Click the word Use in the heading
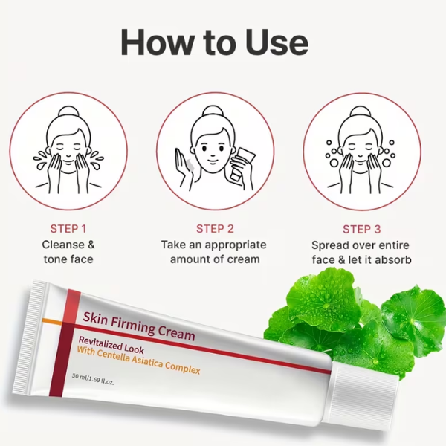[x=277, y=42]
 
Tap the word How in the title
[x=156, y=42]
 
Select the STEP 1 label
[x=68, y=229]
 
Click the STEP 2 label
[x=215, y=229]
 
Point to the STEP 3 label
[x=361, y=229]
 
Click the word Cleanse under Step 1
[x=64, y=245]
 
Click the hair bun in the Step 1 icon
[x=68, y=111]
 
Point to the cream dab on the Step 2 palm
[x=190, y=165]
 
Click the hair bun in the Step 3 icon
[x=361, y=111]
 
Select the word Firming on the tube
[x=133, y=325]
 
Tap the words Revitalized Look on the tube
[x=111, y=345]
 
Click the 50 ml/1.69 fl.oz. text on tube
[x=93, y=379]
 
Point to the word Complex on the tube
[x=183, y=368]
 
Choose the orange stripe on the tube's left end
[x=52, y=321]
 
